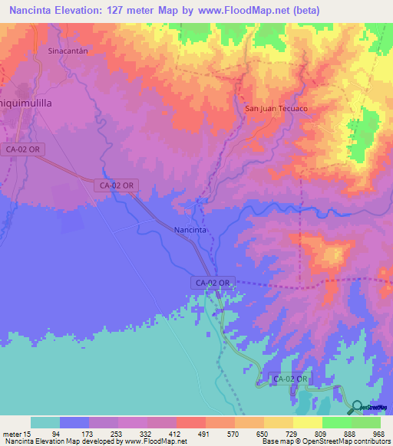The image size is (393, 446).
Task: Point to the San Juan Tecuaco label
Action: tap(276, 109)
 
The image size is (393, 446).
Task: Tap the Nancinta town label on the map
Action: tap(190, 230)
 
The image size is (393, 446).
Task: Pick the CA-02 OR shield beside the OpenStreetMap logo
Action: tap(291, 379)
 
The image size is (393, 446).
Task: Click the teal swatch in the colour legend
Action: tap(45, 422)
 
